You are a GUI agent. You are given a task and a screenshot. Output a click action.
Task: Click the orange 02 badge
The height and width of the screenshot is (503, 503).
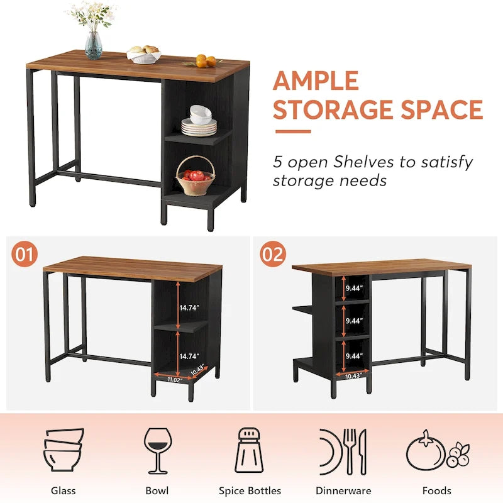pyautogui.click(x=274, y=254)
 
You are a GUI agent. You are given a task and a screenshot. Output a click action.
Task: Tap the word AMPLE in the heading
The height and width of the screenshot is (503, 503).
pyautogui.click(x=316, y=82)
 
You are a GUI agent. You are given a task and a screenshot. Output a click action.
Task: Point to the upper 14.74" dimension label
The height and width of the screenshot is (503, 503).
pyautogui.click(x=189, y=308)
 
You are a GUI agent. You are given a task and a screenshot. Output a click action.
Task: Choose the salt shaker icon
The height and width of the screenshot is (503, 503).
pyautogui.click(x=250, y=451)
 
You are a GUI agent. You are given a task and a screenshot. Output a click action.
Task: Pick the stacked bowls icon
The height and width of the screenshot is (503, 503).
pyautogui.click(x=64, y=450)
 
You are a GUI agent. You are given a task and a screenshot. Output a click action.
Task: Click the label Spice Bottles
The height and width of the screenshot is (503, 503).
pyautogui.click(x=250, y=490)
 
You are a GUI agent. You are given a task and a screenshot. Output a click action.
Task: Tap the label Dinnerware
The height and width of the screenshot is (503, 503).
pyautogui.click(x=343, y=490)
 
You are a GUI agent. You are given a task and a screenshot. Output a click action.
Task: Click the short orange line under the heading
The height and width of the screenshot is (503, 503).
pyautogui.click(x=292, y=132)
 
